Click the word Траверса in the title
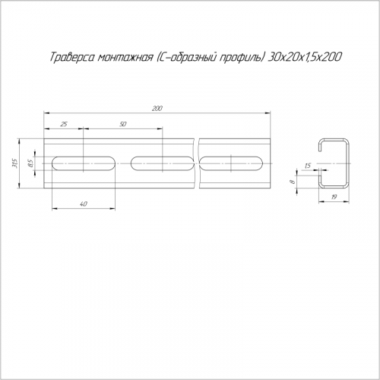point(71,58)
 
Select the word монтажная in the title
point(125,58)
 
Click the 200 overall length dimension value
point(157,109)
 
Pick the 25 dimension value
point(64,124)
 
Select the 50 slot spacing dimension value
point(122,124)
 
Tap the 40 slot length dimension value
point(84,204)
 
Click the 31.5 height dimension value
point(14,163)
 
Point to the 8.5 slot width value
point(31,163)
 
